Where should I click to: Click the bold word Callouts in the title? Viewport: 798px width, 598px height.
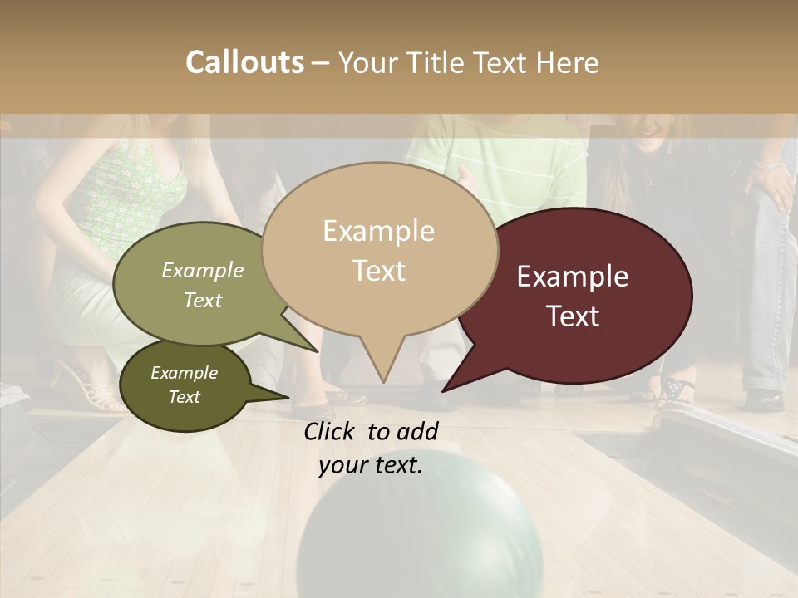pyautogui.click(x=244, y=62)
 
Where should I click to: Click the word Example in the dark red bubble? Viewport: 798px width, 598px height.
pyautogui.click(x=573, y=277)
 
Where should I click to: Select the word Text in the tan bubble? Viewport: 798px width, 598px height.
pyautogui.click(x=379, y=271)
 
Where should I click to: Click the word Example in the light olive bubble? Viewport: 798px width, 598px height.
pyautogui.click(x=203, y=270)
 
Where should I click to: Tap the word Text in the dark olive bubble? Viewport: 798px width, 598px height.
pyautogui.click(x=185, y=397)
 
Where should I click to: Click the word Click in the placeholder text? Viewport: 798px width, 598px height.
pyautogui.click(x=330, y=431)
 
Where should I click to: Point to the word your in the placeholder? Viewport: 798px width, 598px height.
pyautogui.click(x=342, y=465)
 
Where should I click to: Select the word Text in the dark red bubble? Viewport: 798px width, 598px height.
pyautogui.click(x=574, y=316)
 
